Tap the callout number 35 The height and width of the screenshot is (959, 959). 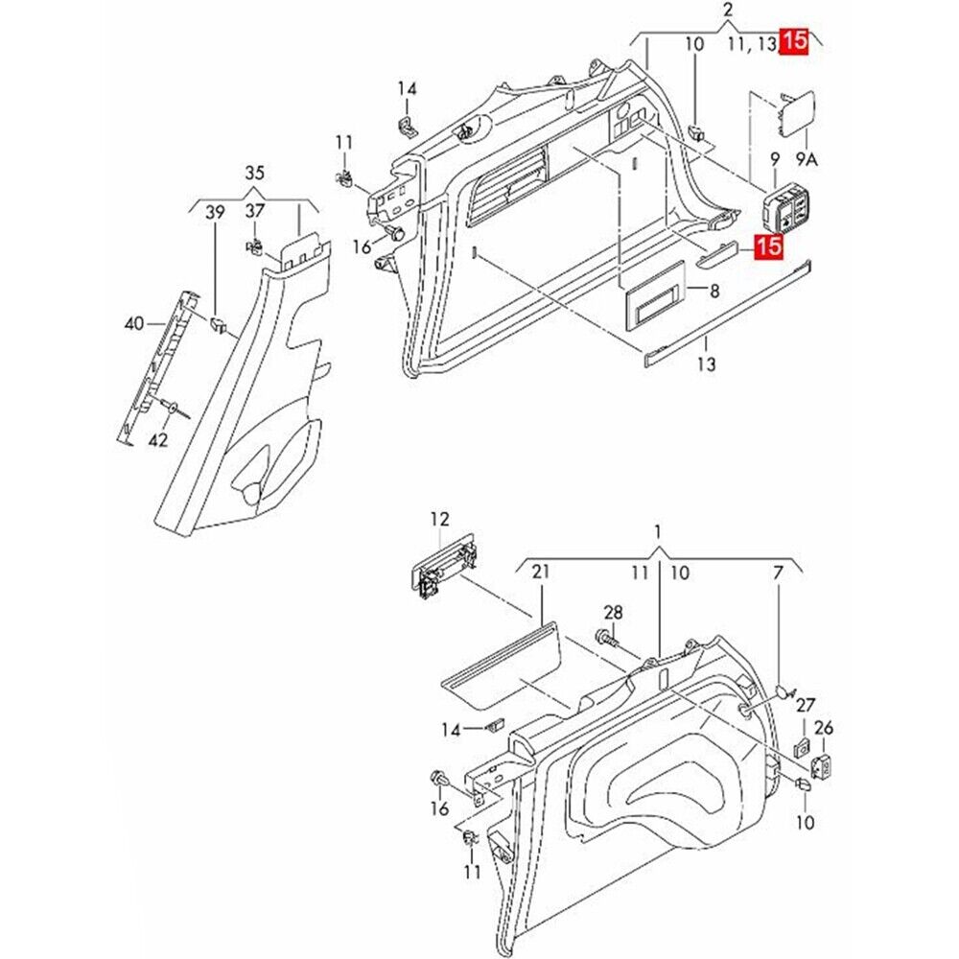[254, 174]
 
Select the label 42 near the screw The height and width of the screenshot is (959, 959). [159, 440]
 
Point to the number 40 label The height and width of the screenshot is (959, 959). [133, 324]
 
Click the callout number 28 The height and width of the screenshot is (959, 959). [613, 612]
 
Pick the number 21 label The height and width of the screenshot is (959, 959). [541, 572]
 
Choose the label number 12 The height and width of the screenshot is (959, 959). [439, 519]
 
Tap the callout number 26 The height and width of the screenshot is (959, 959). [824, 729]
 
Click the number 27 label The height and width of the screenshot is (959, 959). [806, 705]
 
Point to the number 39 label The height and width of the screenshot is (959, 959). [215, 212]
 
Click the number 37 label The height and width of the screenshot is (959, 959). [255, 211]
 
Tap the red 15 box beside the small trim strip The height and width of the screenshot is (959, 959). [767, 247]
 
